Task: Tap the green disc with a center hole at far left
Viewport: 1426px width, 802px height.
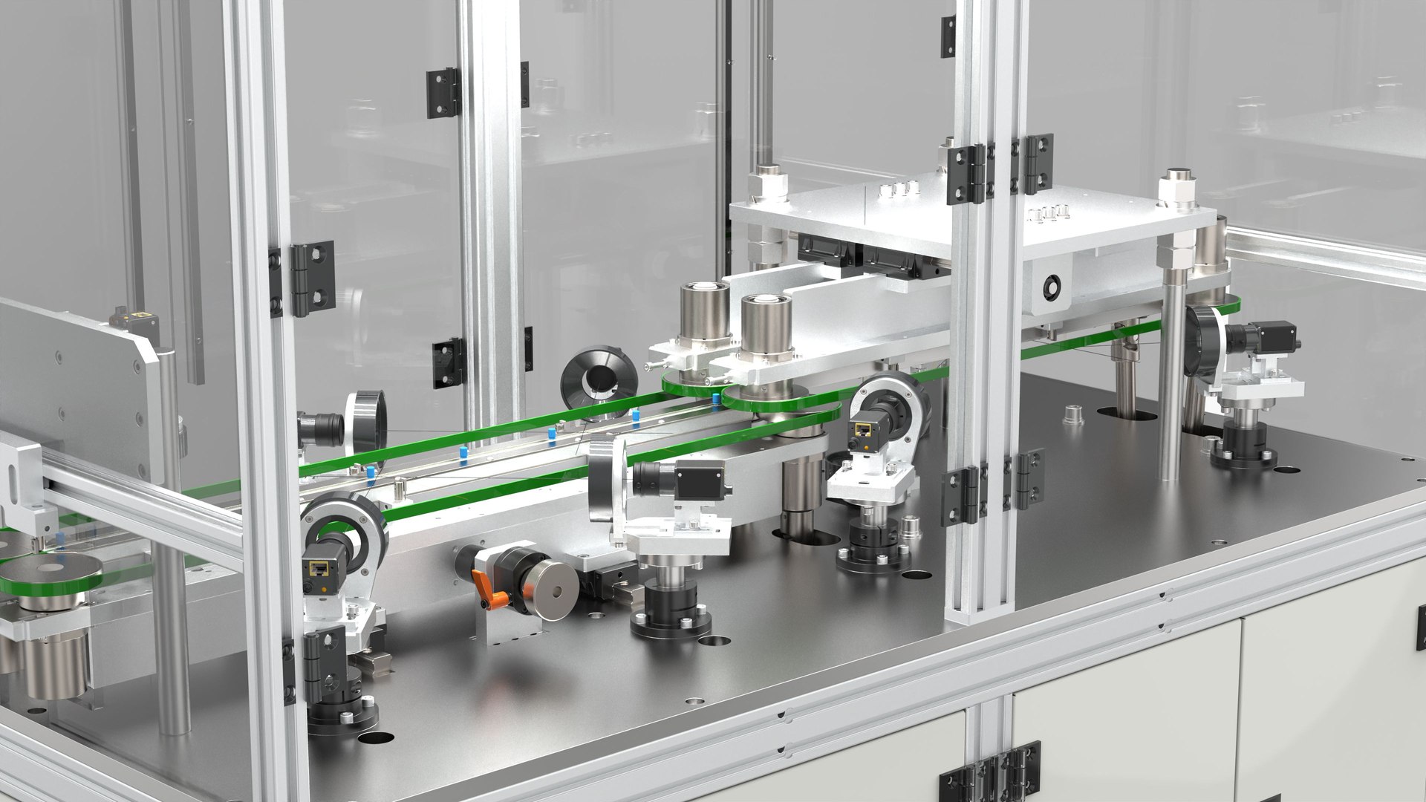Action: click(x=51, y=571)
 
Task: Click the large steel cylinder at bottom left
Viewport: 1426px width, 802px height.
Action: click(x=55, y=665)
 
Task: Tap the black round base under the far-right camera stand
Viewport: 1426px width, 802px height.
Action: click(x=1243, y=454)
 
